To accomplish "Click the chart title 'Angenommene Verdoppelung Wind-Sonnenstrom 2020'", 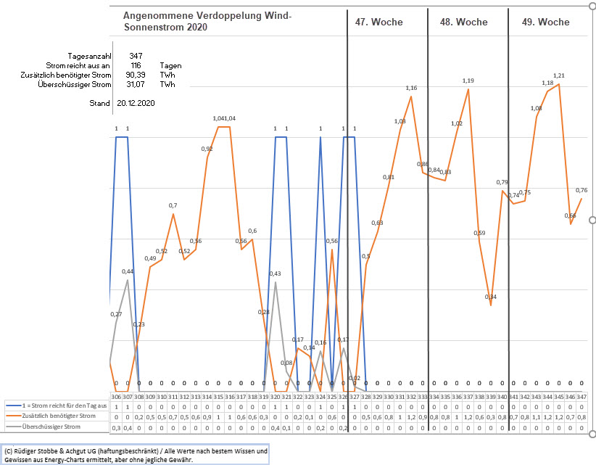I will click(x=207, y=21).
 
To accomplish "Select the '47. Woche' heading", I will click(x=378, y=22).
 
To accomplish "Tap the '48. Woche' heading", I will click(x=463, y=22).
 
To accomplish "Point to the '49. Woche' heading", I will click(x=545, y=22).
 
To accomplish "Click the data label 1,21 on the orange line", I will click(x=559, y=75).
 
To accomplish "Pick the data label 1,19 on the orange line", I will click(x=468, y=81).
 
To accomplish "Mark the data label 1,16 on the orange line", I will click(x=411, y=88).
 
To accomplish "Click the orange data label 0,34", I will click(x=491, y=297).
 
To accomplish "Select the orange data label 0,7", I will click(x=173, y=206).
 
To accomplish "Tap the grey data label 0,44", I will click(x=128, y=271).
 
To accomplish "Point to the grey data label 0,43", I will click(x=276, y=273).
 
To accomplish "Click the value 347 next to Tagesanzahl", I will click(x=136, y=56).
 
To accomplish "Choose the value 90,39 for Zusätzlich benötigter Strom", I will click(x=136, y=75).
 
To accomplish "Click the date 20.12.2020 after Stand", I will click(x=136, y=103).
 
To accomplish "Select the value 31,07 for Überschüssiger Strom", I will click(x=136, y=84).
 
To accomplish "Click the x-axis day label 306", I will click(x=116, y=396).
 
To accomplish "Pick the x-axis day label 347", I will click(x=581, y=396).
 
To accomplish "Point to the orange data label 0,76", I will click(x=581, y=190).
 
